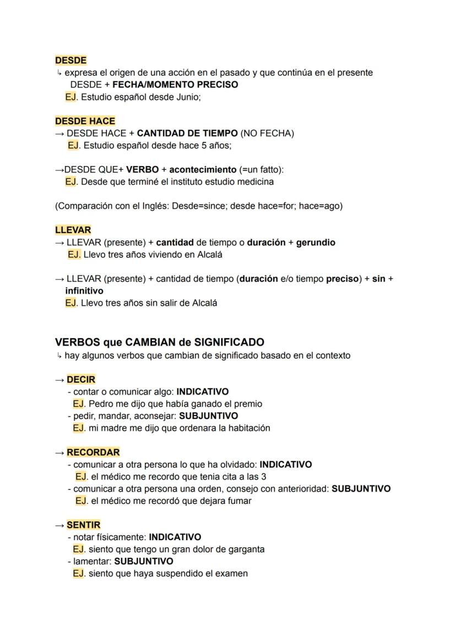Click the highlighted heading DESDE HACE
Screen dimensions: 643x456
[85, 121]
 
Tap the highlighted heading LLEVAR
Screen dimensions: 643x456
[73, 230]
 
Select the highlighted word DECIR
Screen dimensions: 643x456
[81, 380]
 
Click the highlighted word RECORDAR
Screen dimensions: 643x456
[93, 452]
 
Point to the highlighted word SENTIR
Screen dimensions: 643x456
[84, 525]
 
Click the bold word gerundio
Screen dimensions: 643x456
[316, 242]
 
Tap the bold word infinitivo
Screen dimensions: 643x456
[84, 290]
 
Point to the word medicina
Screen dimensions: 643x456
[256, 182]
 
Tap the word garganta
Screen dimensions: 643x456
[245, 549]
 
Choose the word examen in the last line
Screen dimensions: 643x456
[232, 573]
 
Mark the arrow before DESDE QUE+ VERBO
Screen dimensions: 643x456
[59, 169]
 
